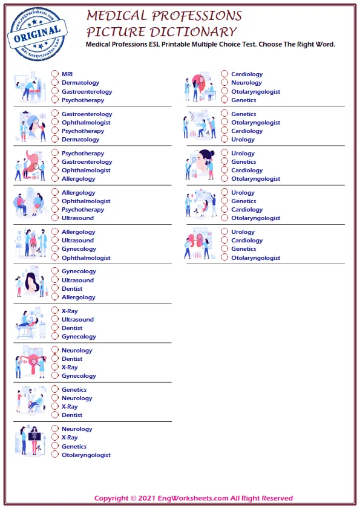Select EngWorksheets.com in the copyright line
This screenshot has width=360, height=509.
(192, 498)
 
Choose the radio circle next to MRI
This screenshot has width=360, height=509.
(55, 74)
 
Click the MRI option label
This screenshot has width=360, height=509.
(67, 74)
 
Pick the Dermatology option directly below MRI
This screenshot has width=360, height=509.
(80, 83)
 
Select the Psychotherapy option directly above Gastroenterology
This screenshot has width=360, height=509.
(82, 154)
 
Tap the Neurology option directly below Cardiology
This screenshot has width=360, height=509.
(246, 83)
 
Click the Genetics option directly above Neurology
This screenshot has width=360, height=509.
(74, 390)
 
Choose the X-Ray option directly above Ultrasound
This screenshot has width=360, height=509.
(70, 311)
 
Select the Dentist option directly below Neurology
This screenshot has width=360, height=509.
(72, 359)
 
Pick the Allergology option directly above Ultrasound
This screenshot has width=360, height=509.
(78, 232)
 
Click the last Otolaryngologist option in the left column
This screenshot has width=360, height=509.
(86, 455)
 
